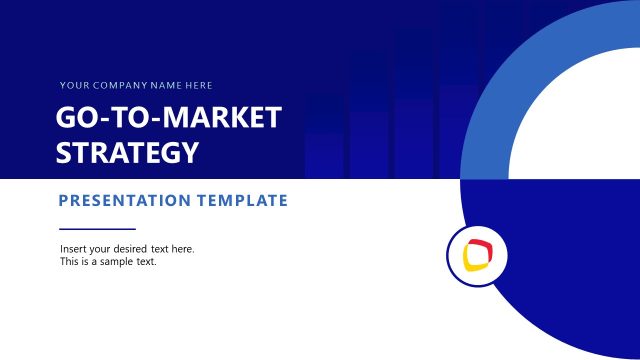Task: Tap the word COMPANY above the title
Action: coord(111,86)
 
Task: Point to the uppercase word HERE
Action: coord(196,86)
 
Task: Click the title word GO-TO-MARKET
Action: coord(168,118)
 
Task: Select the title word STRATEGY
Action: coord(127,153)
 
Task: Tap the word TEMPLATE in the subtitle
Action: coord(242,201)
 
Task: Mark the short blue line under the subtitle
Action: coord(97,229)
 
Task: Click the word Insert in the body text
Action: coord(73,249)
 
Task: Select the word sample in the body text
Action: coord(117,262)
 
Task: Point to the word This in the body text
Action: coord(70,262)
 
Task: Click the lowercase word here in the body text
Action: coord(183,249)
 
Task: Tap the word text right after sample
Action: coord(146,262)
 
